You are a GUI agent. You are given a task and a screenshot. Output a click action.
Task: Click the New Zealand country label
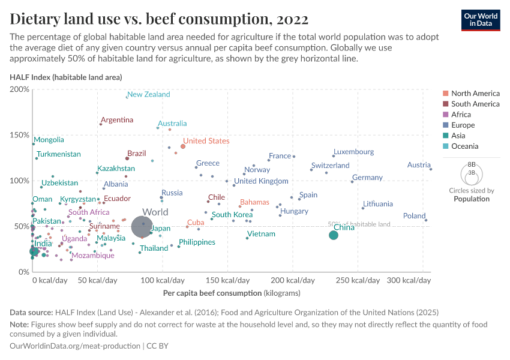point(148,94)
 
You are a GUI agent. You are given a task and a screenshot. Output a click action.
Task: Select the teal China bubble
point(334,235)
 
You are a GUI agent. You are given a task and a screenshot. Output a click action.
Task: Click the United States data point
point(183,146)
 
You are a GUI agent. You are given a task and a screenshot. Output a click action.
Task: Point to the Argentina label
point(117,120)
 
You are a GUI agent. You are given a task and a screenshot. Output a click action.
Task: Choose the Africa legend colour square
point(445,115)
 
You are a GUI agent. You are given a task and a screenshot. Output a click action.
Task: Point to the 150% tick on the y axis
point(20,135)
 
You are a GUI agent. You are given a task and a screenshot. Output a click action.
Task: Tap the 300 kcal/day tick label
point(405,281)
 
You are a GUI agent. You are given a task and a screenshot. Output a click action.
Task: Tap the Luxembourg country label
point(353,152)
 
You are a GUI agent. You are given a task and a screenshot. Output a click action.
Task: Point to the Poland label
point(414,216)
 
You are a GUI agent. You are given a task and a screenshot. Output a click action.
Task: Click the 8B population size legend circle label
point(471,164)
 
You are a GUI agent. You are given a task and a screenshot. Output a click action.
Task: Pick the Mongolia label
point(49,140)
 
